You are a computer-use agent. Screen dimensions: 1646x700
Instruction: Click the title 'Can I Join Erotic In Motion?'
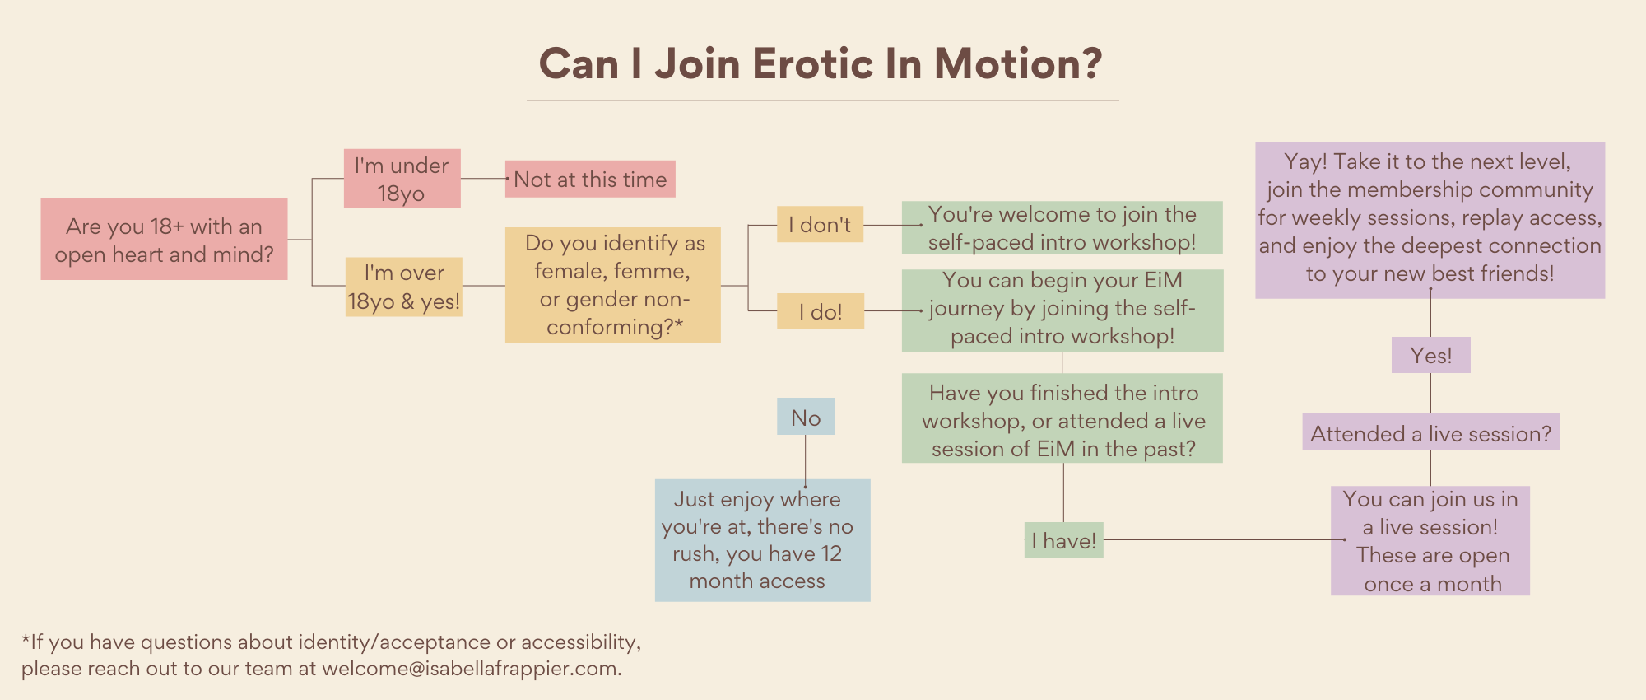click(821, 64)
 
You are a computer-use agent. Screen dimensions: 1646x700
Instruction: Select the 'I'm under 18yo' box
click(402, 179)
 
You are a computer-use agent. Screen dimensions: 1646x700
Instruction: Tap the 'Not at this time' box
click(590, 179)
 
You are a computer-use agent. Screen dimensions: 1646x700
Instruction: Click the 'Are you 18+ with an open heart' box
click(164, 239)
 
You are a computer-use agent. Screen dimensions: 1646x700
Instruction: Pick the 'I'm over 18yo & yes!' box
click(403, 287)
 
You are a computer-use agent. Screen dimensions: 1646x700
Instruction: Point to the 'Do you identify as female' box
click(613, 285)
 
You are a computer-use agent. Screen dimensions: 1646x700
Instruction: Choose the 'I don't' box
click(821, 224)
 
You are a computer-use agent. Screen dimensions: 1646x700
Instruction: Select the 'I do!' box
click(821, 311)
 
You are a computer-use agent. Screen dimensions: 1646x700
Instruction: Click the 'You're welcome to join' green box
click(1062, 227)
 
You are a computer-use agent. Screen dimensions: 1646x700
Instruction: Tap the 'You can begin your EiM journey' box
click(1062, 310)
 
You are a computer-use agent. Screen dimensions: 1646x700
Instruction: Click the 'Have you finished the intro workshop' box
click(1062, 418)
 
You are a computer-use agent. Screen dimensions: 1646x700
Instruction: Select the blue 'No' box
click(806, 417)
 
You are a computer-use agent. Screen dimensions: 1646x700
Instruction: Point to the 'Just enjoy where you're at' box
click(763, 540)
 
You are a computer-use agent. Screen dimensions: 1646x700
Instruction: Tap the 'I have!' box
click(1063, 540)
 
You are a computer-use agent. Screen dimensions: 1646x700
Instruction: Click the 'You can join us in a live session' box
click(1430, 540)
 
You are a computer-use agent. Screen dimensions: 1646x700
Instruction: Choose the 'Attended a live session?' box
click(1431, 432)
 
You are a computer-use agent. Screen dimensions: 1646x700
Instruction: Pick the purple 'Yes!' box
click(1431, 355)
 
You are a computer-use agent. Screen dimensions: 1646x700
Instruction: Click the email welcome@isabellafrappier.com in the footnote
click(469, 668)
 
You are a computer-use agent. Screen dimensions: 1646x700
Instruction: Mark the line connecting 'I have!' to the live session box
click(1225, 540)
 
